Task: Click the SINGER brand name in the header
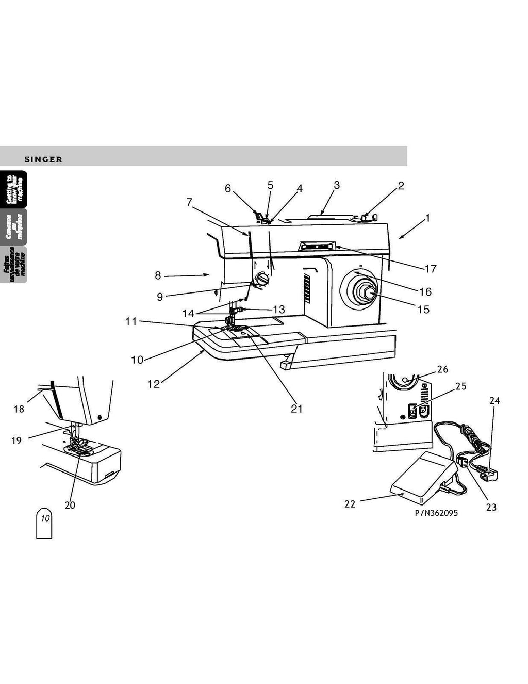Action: [x=43, y=159]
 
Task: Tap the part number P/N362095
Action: [x=436, y=513]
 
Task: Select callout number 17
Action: [x=431, y=268]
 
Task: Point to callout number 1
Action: [x=427, y=218]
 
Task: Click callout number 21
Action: [x=296, y=409]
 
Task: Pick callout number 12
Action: [x=154, y=384]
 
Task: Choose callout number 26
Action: [x=442, y=369]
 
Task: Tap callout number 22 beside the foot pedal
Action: [x=350, y=504]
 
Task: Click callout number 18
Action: [x=19, y=409]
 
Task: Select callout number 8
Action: [x=158, y=276]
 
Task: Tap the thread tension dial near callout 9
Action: [x=262, y=280]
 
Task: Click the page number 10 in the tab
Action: [x=45, y=518]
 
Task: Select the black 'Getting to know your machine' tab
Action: [x=14, y=189]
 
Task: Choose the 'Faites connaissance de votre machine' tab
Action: [x=14, y=264]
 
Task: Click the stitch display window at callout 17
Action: [x=317, y=247]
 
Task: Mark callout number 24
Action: [x=494, y=400]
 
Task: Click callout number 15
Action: [x=423, y=310]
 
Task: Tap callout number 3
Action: [x=336, y=185]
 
